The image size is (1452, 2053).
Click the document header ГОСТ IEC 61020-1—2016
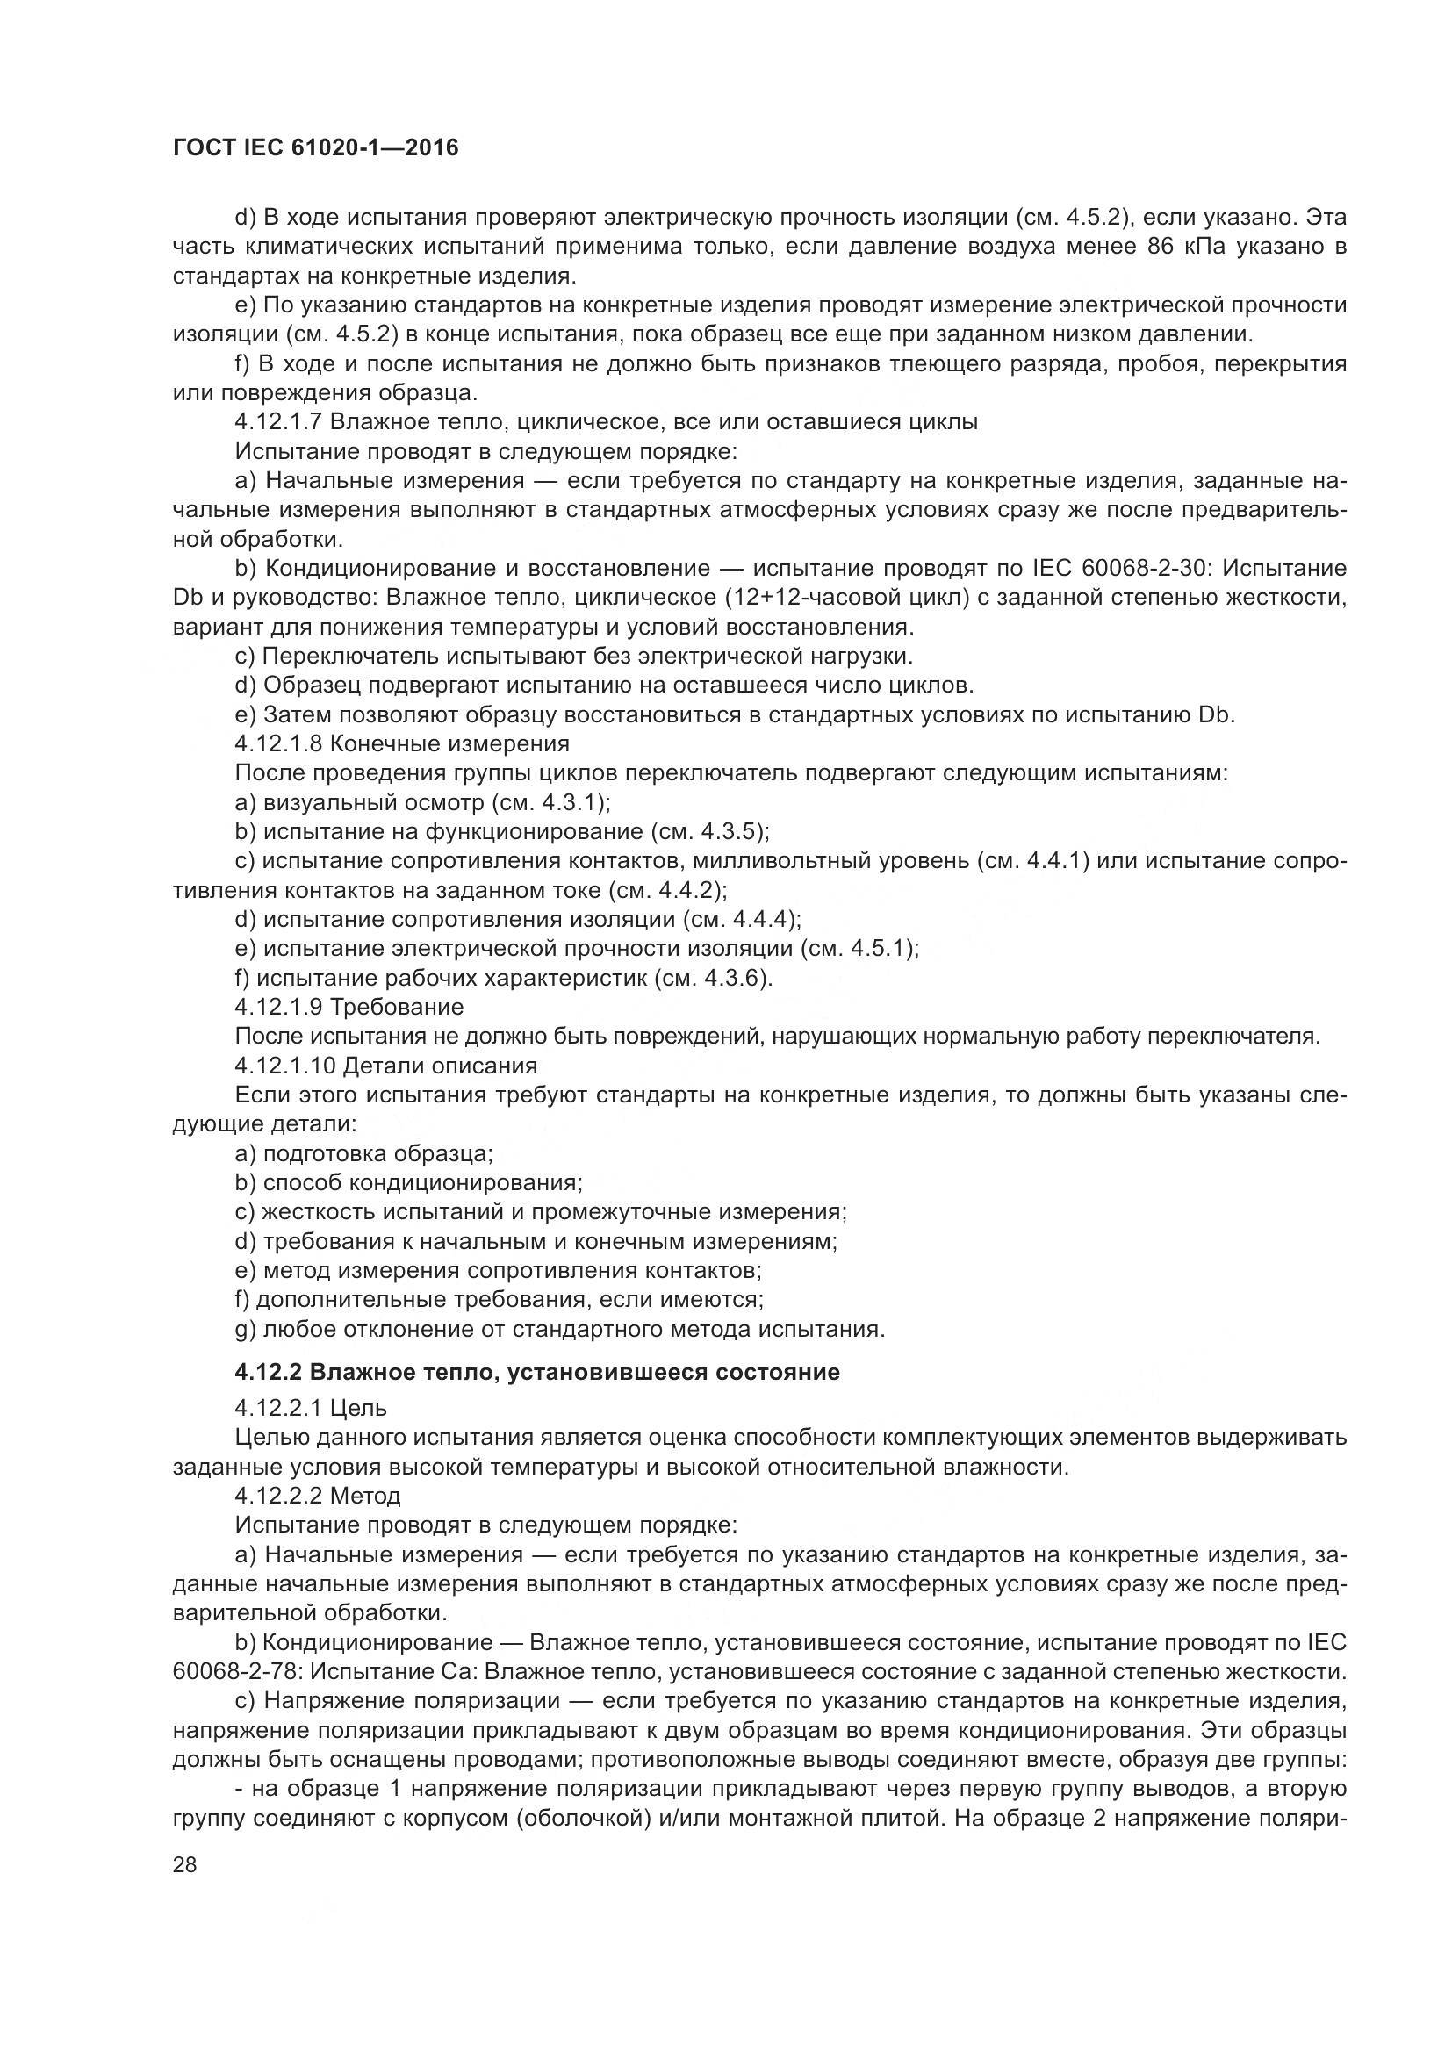[316, 147]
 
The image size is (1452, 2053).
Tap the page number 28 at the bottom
[184, 1864]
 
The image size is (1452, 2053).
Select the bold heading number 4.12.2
[270, 1372]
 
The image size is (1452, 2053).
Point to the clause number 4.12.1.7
[278, 422]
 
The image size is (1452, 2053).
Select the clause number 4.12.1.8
[278, 744]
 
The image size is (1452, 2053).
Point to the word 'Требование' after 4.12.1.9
[397, 1007]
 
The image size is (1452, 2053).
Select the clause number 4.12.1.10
[284, 1066]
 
